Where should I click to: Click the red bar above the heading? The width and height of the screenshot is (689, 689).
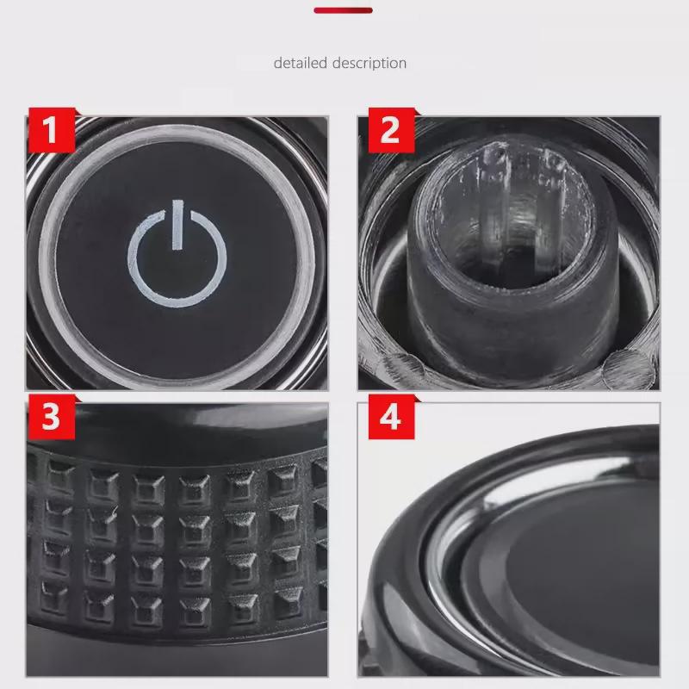343,10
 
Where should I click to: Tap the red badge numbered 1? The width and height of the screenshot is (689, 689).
51,131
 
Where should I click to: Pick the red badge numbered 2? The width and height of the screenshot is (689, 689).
389,131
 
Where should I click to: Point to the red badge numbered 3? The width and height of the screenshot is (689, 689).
51,418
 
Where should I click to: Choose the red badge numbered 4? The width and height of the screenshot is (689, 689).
389,419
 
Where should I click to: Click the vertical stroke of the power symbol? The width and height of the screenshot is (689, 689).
177,224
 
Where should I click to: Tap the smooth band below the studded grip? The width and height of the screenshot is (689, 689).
172,655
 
